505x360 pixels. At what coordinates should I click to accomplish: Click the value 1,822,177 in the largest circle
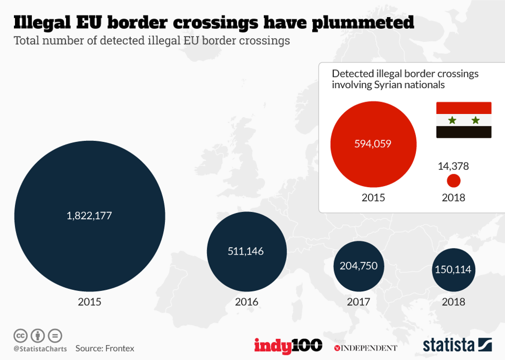pyautogui.click(x=89, y=216)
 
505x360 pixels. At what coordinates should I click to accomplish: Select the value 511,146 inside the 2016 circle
pyautogui.click(x=245, y=251)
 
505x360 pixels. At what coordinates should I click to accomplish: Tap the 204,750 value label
pyautogui.click(x=359, y=266)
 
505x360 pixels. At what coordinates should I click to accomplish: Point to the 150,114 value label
pyautogui.click(x=453, y=270)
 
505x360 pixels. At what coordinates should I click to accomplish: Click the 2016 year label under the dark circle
pyautogui.click(x=246, y=302)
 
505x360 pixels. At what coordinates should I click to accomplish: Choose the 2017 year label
pyautogui.click(x=358, y=302)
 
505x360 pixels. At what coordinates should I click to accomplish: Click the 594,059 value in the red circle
pyautogui.click(x=373, y=143)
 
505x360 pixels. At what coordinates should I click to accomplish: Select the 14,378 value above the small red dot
pyautogui.click(x=453, y=166)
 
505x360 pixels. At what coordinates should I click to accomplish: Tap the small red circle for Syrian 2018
pyautogui.click(x=453, y=181)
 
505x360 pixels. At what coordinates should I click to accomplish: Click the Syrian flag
pyautogui.click(x=464, y=120)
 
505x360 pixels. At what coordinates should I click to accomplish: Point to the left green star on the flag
pyautogui.click(x=452, y=120)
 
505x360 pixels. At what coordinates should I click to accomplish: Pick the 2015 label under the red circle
pyautogui.click(x=373, y=198)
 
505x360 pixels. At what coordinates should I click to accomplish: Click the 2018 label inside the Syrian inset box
pyautogui.click(x=453, y=198)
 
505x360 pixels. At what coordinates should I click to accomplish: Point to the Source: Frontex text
pyautogui.click(x=105, y=348)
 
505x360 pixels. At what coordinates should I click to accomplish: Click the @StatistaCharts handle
pyautogui.click(x=40, y=349)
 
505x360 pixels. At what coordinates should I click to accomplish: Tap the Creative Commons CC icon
pyautogui.click(x=21, y=335)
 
